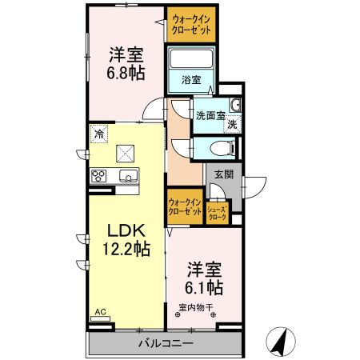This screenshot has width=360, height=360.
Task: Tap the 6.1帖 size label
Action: pos(204,286)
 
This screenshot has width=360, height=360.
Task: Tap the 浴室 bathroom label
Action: pos(190,80)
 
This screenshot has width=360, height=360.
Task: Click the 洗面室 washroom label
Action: pos(211,115)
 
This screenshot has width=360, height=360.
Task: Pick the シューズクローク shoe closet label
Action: pos(217,213)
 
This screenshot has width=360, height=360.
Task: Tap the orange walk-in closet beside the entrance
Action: pos(184,209)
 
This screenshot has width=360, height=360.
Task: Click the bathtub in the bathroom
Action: pos(190,58)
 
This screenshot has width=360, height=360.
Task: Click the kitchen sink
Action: pos(128,176)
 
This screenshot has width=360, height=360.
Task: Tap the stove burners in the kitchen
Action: pos(100,176)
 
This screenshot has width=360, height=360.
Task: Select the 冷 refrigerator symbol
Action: pos(98,134)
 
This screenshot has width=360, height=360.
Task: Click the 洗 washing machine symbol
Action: pos(231,125)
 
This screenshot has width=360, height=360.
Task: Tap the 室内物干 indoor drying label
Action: pos(194,307)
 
